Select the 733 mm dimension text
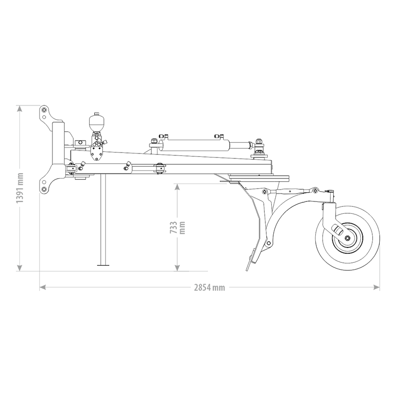tap(177, 227)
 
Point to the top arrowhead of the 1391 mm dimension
tap(20, 107)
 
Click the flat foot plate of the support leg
tap(103, 266)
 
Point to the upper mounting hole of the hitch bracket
tap(44, 109)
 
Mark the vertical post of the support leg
tap(103, 218)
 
